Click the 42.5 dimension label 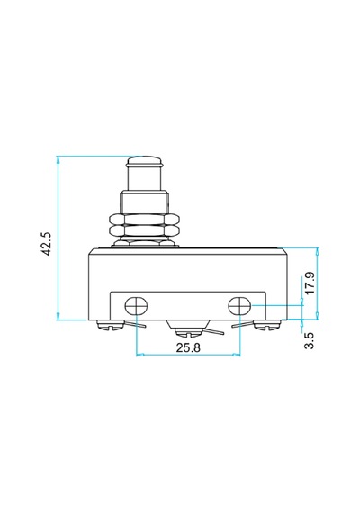[x=47, y=244]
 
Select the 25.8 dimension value [x=188, y=347]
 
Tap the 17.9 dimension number [x=310, y=283]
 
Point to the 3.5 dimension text [x=310, y=340]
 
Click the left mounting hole [x=136, y=306]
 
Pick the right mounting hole [x=239, y=306]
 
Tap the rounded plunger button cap [x=145, y=161]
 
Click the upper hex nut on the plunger [x=145, y=220]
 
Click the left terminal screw [x=111, y=326]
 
